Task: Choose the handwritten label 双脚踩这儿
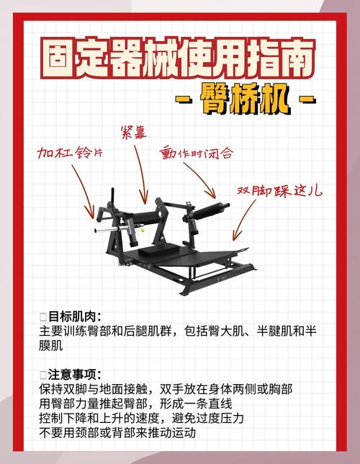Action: coord(280,191)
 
